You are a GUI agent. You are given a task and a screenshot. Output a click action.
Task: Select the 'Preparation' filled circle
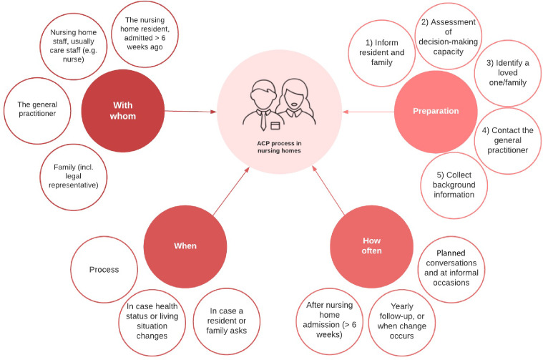coord(435,111)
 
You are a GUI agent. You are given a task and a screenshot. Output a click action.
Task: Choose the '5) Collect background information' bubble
coord(454,185)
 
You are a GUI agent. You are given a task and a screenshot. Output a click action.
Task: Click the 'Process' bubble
coord(104,270)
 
